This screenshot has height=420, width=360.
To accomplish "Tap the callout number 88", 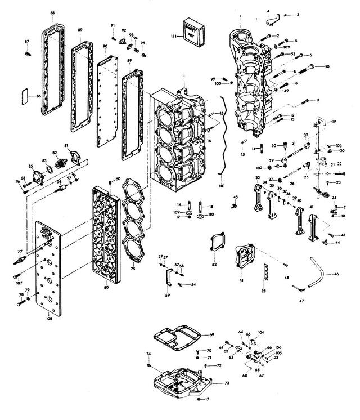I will tap(52, 12).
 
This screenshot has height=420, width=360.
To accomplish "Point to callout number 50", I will tap(327, 67).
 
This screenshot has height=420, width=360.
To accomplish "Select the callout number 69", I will tap(212, 335).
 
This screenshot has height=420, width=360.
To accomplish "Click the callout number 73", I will tap(227, 383).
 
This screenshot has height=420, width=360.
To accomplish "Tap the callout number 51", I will tap(241, 280).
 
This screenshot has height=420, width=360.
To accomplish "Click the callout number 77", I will tap(20, 252).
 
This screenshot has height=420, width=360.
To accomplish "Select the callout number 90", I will tap(105, 46).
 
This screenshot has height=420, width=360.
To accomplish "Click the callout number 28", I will tap(263, 291).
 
